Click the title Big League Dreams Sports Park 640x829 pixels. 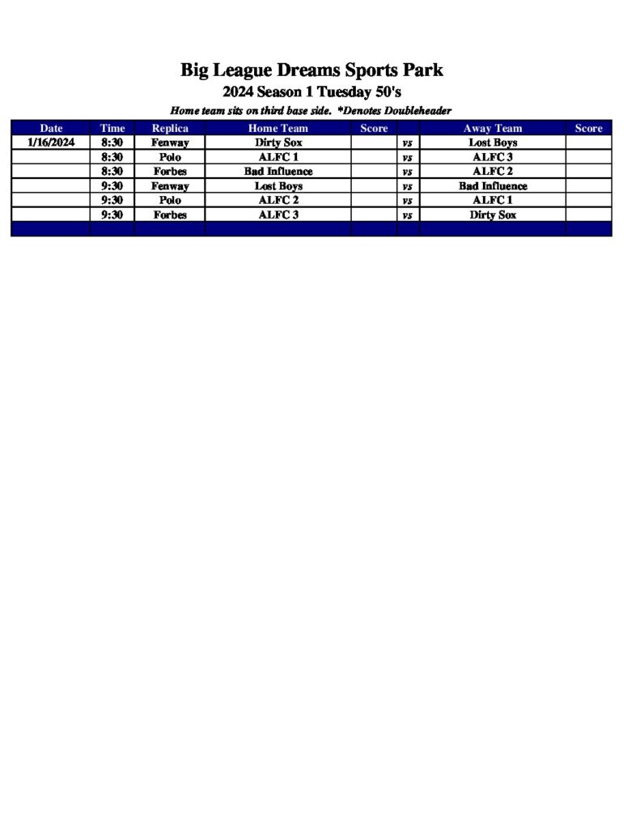pyautogui.click(x=312, y=70)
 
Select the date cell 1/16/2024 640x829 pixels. pyautogui.click(x=50, y=142)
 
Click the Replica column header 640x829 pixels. pyautogui.click(x=170, y=128)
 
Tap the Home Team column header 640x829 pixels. pyautogui.click(x=278, y=128)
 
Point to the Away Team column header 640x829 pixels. pyautogui.click(x=493, y=128)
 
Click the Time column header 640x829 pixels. pyautogui.click(x=112, y=128)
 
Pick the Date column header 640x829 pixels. pyautogui.click(x=50, y=128)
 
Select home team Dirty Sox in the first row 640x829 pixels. pyautogui.click(x=278, y=142)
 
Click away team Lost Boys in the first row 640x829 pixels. pyautogui.click(x=493, y=142)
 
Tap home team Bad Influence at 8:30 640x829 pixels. pyautogui.click(x=278, y=172)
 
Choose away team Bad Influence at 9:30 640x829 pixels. pyautogui.click(x=493, y=186)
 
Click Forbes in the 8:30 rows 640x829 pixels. pyautogui.click(x=170, y=172)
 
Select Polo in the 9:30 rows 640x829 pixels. pyautogui.click(x=170, y=200)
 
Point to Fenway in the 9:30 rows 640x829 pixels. pyautogui.click(x=170, y=186)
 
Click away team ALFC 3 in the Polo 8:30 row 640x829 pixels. pyautogui.click(x=493, y=157)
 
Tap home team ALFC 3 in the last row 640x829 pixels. pyautogui.click(x=278, y=215)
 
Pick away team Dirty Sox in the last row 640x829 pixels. pyautogui.click(x=493, y=215)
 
